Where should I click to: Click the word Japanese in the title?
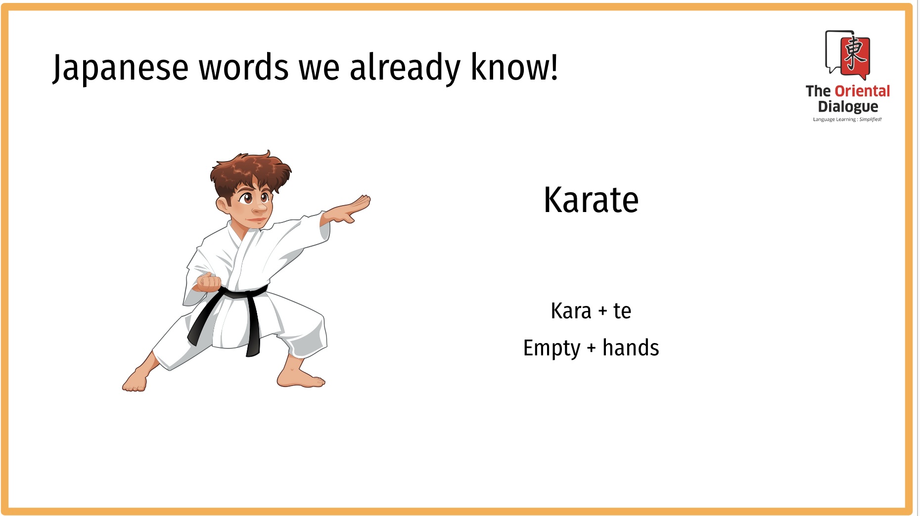[120, 68]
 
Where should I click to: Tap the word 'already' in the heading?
[405, 68]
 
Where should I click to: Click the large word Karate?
[591, 200]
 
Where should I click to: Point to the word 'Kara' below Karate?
[571, 311]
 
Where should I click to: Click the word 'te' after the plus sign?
[622, 311]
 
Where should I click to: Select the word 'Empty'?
[552, 348]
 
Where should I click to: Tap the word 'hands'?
[631, 347]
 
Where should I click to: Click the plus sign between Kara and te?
[602, 312]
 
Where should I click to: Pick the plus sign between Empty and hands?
[591, 348]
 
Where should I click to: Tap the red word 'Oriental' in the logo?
[862, 91]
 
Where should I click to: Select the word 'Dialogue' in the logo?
[848, 107]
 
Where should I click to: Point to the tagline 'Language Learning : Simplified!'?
[847, 119]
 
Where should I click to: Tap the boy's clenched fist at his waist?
[209, 282]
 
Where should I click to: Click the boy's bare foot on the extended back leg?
[136, 380]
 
